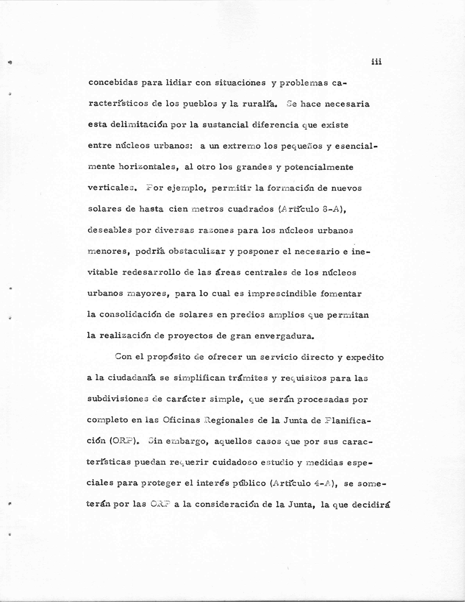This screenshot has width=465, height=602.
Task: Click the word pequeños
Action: pos(301,146)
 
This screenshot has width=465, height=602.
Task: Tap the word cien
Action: pos(178,209)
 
